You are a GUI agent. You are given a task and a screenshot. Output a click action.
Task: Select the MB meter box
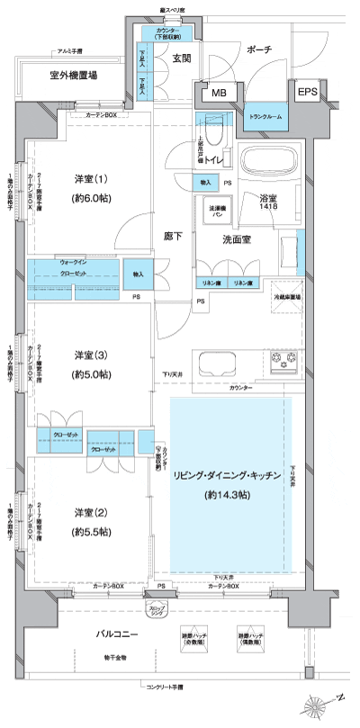[x=219, y=93]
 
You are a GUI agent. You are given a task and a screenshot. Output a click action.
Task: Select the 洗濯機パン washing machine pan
[x=217, y=211]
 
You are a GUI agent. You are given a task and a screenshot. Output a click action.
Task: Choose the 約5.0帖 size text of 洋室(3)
[x=91, y=373]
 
